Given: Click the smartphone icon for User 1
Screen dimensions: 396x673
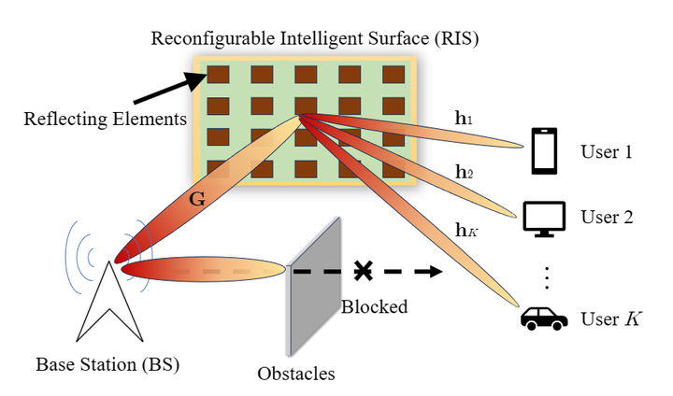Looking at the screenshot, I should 544,151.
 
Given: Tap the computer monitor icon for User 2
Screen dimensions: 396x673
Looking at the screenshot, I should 543,219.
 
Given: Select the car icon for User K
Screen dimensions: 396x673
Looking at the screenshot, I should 544,319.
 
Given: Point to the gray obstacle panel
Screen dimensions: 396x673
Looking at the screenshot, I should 311,281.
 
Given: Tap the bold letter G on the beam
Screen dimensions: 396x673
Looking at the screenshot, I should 197,199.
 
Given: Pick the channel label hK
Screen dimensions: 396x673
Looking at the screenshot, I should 465,227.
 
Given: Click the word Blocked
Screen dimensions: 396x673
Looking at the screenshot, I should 374,306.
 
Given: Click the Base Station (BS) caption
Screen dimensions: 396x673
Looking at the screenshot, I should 107,363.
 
